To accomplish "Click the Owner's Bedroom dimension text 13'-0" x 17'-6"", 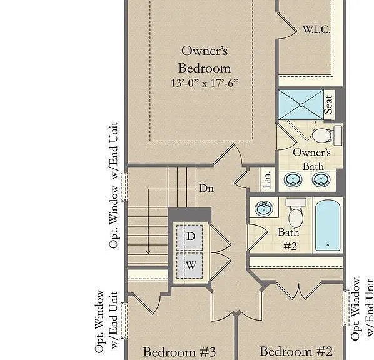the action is coord(205,83).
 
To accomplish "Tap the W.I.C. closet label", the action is coord(316,29).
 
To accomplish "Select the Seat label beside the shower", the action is coord(328,104).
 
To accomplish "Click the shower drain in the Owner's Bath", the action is coord(301,104).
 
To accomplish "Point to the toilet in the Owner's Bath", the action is coord(326,135).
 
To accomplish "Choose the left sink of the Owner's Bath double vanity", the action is coord(293,179).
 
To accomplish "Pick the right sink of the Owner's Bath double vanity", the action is coord(321,179).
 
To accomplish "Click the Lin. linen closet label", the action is coord(267,179).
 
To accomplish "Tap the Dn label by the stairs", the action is coord(206,188).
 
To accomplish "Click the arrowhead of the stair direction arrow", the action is coord(148,252).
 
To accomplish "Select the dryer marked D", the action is coord(190,237).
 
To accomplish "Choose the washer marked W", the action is coord(190,266).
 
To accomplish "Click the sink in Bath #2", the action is coord(264,208).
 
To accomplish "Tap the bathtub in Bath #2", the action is coord(328,225).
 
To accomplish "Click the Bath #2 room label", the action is coord(289,239).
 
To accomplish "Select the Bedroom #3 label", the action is coord(179,352).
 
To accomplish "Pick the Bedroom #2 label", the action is coord(296,351).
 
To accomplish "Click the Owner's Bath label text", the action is coord(312,159).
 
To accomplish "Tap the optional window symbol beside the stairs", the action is coord(124,187).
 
